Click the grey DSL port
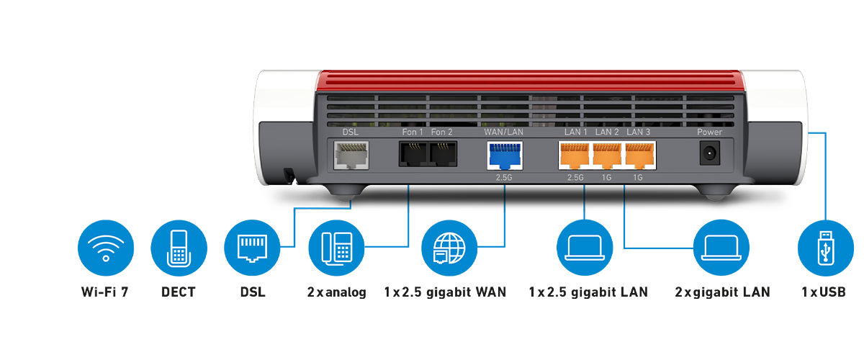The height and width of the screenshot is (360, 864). point(351,154)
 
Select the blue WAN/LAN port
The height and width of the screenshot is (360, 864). point(505,155)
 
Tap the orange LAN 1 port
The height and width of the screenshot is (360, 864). point(575,155)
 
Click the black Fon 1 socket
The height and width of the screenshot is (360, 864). point(413,154)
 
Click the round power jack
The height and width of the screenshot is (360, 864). point(709,153)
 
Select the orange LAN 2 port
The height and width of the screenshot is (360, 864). point(606,155)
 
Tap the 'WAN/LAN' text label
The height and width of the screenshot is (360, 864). point(504,132)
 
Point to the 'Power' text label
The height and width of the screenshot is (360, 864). point(709,132)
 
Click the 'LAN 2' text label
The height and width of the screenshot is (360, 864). point(607,132)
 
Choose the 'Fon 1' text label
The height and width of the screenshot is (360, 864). point(413,132)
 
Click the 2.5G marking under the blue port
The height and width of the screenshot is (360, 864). point(505,177)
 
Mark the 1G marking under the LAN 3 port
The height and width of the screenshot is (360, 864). point(638,177)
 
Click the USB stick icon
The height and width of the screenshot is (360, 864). point(826,248)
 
